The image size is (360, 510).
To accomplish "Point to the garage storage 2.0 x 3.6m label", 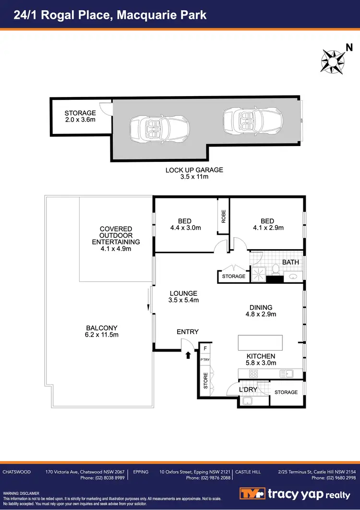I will [x=80, y=116].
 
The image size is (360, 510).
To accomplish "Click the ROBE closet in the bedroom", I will [x=223, y=217].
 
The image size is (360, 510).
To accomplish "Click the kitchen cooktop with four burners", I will [x=253, y=373].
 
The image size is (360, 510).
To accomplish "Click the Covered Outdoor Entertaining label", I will [x=116, y=239].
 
